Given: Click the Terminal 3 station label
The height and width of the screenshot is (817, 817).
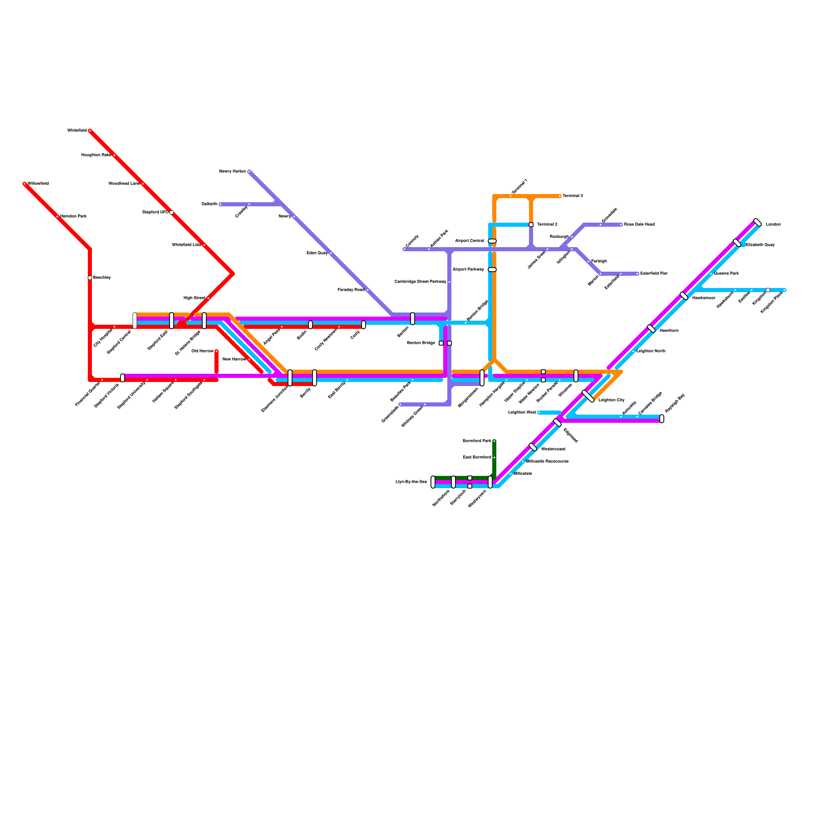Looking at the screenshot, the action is coord(572,196).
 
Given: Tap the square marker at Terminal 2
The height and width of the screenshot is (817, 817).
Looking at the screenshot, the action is coord(531,225).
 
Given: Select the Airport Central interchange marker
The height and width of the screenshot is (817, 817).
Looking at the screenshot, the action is coord(492,241).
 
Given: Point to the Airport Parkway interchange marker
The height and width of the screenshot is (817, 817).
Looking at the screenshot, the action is coord(492,270).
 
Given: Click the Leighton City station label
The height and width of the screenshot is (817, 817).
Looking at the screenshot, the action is coord(611,400).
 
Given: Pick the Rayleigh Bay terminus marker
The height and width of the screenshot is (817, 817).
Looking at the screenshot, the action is coord(662,419).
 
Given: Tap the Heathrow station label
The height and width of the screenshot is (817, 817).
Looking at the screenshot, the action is coord(669,331).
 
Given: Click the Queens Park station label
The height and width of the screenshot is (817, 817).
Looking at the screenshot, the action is coord(726,274).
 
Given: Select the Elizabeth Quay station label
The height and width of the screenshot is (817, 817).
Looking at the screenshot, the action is coord(760,245).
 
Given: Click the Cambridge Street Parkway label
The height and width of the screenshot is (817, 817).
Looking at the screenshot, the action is coord(420,282).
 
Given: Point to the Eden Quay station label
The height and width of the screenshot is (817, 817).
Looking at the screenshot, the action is coord(317,253).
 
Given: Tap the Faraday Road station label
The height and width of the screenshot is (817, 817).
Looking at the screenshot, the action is coord(351,290).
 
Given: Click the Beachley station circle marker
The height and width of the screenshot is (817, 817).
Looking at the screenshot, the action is coord(90,278).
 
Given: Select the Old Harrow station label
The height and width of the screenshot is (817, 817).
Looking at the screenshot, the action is coord(202,351).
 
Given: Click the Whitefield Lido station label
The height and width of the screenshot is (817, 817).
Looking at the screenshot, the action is coord(186,245).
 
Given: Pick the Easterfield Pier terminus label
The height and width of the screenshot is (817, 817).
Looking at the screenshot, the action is coord(654,274).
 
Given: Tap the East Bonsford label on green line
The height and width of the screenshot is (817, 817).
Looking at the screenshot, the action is coord(477,458).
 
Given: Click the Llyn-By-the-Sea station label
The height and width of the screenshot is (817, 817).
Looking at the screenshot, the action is coord(411,482).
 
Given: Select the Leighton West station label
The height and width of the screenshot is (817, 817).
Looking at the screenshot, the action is coord(522,413).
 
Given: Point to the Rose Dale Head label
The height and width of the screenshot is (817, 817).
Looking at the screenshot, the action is coord(639,225).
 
